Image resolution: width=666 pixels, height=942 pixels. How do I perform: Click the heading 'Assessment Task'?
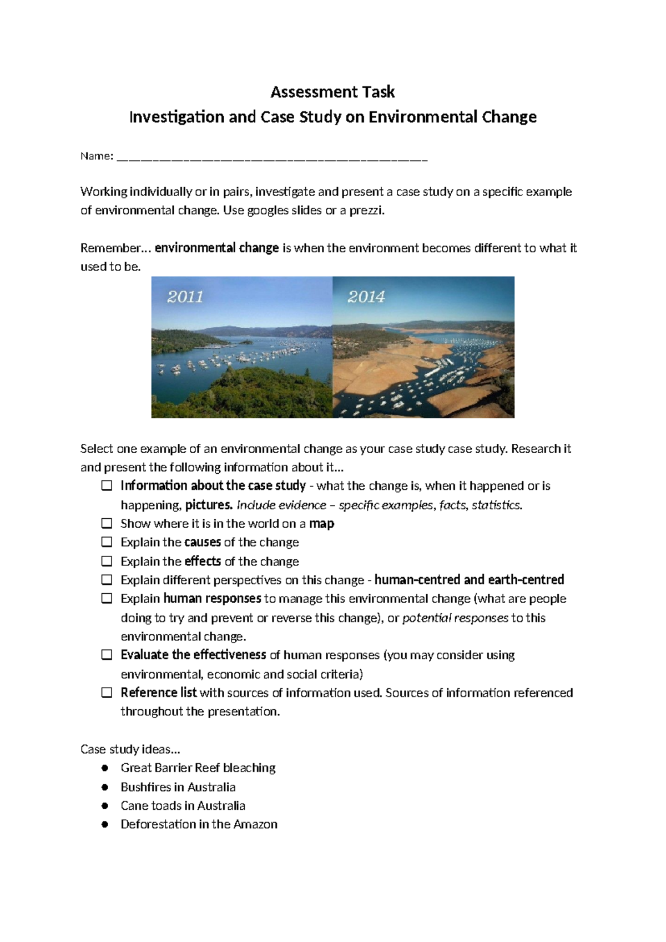click(332, 92)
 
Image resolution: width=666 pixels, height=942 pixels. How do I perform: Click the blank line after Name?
click(272, 157)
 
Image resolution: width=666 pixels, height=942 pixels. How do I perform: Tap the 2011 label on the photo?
click(185, 297)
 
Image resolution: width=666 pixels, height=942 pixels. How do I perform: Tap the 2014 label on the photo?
click(366, 297)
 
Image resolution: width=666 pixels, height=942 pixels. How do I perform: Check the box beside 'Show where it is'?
click(107, 524)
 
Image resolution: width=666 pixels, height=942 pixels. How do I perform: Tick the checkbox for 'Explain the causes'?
click(107, 542)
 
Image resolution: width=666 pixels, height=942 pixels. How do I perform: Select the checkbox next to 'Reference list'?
click(107, 693)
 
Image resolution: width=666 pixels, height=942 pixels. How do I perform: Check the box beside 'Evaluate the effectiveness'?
click(107, 655)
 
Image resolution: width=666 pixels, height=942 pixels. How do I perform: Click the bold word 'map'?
click(321, 524)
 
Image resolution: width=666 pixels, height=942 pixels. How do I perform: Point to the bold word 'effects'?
click(203, 561)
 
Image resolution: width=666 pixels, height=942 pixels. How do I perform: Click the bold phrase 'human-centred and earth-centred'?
click(469, 580)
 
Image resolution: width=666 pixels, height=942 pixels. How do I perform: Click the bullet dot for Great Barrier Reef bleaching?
click(105, 768)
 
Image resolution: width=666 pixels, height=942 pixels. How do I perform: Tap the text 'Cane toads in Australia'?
click(183, 805)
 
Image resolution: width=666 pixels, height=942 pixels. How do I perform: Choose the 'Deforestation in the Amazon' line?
click(199, 824)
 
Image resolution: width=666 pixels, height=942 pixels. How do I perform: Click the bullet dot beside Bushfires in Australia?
click(105, 787)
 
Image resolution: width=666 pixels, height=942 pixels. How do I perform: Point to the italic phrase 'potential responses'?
click(455, 618)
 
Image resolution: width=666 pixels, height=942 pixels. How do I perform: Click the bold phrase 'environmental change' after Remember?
click(216, 248)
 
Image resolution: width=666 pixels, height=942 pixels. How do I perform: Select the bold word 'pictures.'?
click(209, 505)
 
